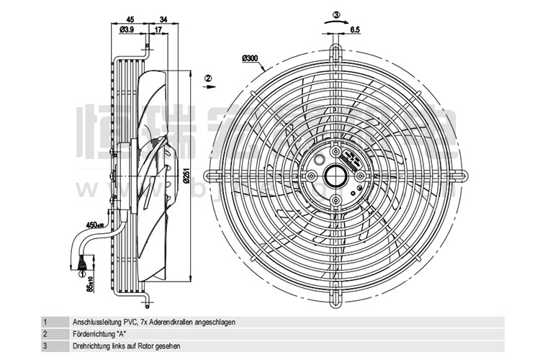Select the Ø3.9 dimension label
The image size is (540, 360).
tap(125, 29)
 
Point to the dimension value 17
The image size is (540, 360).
tap(157, 29)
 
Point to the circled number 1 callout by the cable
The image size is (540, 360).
tap(83, 274)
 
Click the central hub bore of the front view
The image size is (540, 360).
tap(336, 174)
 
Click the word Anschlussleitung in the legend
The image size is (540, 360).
tap(97, 322)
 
